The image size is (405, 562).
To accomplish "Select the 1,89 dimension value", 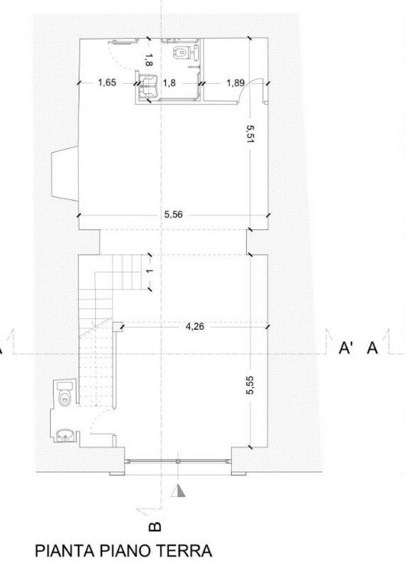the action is [x=235, y=83].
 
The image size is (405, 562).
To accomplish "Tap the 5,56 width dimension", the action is [x=174, y=215].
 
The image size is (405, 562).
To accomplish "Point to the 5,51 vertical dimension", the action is [x=250, y=134].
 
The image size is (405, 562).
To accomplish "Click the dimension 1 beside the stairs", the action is [x=149, y=271].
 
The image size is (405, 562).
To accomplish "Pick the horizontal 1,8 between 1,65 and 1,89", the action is [x=169, y=83].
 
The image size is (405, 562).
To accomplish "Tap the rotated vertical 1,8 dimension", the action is [x=149, y=60].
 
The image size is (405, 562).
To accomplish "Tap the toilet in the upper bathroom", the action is [x=180, y=52].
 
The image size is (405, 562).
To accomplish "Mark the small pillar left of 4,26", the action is [x=117, y=327].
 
